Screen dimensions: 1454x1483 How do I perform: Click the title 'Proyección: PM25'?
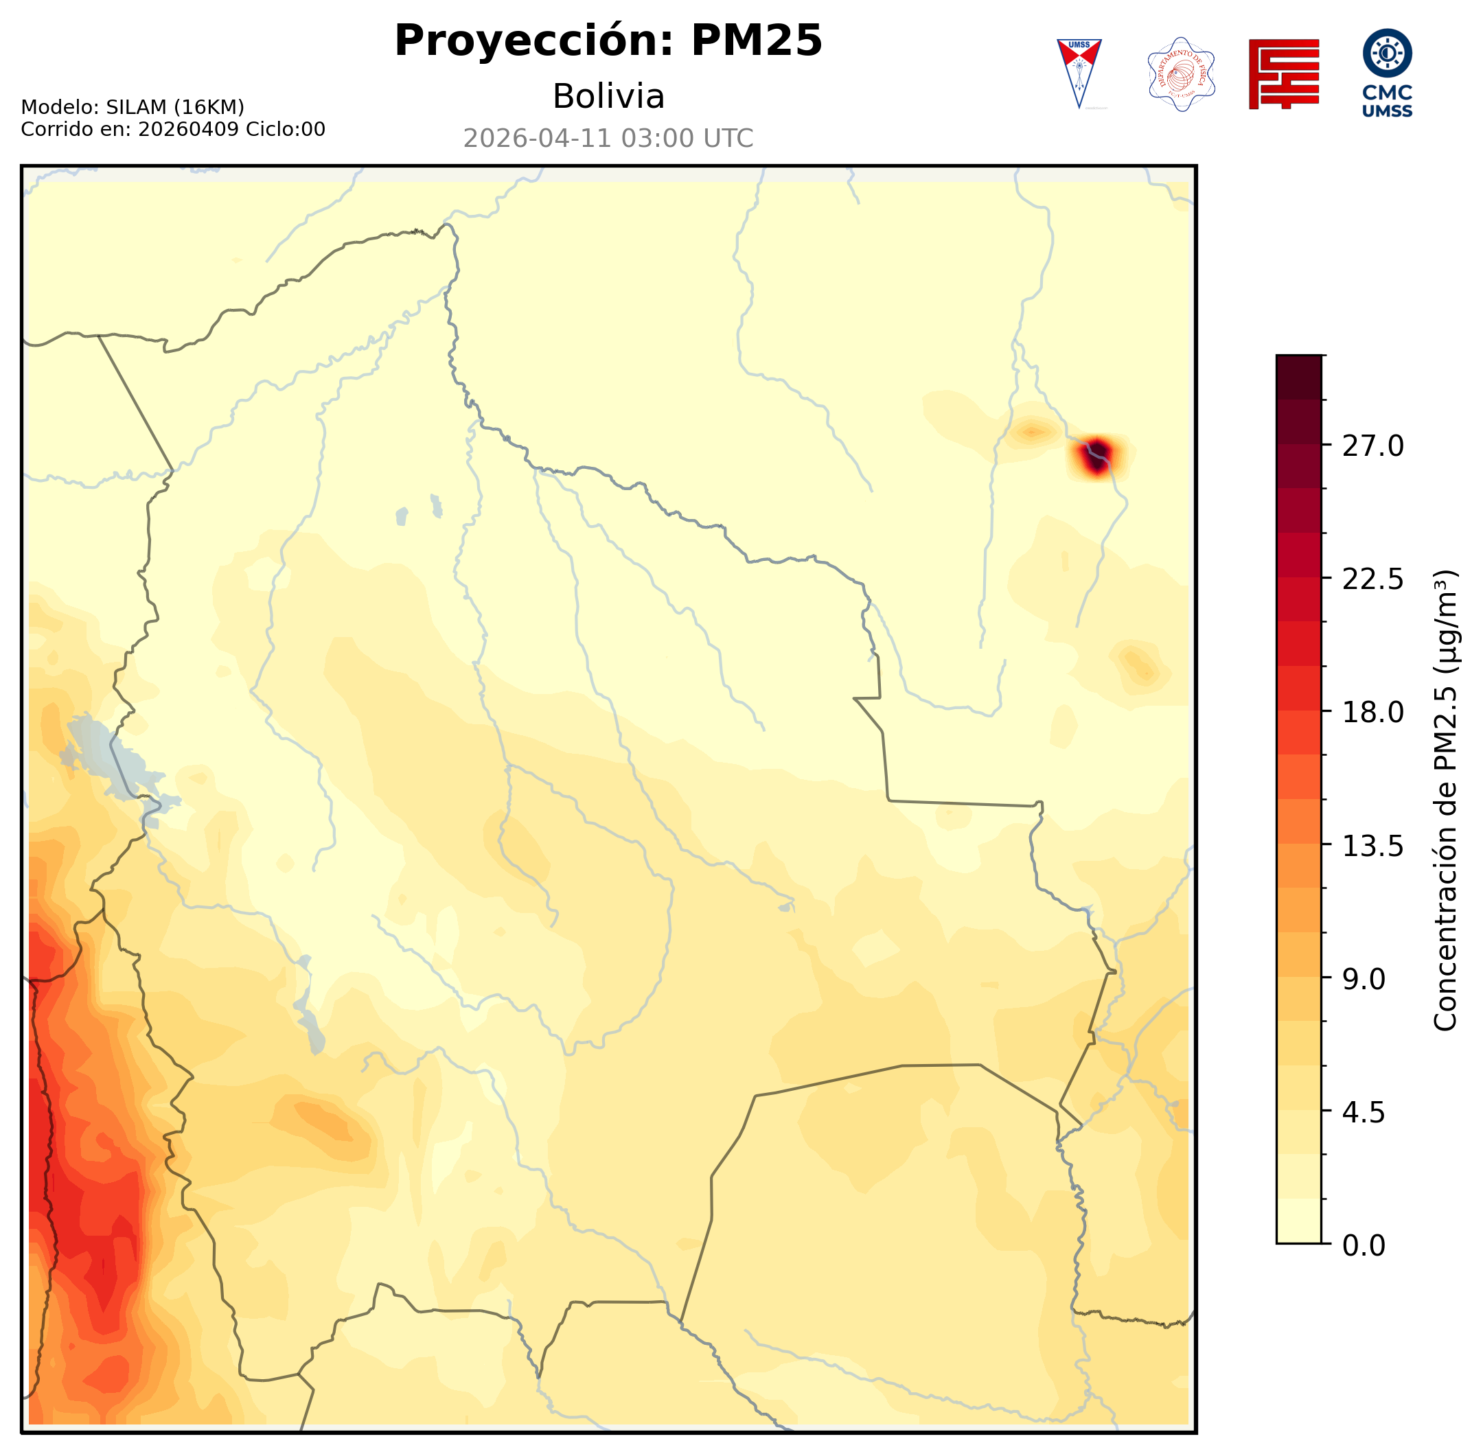pos(608,41)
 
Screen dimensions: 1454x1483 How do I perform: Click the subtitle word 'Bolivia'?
pos(608,97)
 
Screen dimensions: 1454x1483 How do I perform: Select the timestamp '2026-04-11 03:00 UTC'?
pos(608,139)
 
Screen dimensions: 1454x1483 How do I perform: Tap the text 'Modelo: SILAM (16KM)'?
pos(132,107)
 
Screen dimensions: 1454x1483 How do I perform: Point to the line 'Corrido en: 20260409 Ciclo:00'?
pos(172,129)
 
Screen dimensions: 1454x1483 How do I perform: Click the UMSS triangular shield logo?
pos(1079,73)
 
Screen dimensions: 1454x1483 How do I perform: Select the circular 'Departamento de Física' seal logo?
pos(1181,74)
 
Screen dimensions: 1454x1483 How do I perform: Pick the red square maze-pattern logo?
pos(1284,74)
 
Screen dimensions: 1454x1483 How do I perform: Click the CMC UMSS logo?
pos(1387,73)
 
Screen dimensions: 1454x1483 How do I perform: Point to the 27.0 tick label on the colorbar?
pos(1372,447)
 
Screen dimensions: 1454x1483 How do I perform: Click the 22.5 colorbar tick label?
pos(1372,579)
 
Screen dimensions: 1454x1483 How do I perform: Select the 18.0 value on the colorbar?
pos(1372,713)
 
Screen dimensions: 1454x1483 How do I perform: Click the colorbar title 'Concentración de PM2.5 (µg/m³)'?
pos(1445,800)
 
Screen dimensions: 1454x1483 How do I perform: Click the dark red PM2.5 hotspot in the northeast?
pos(1096,457)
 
